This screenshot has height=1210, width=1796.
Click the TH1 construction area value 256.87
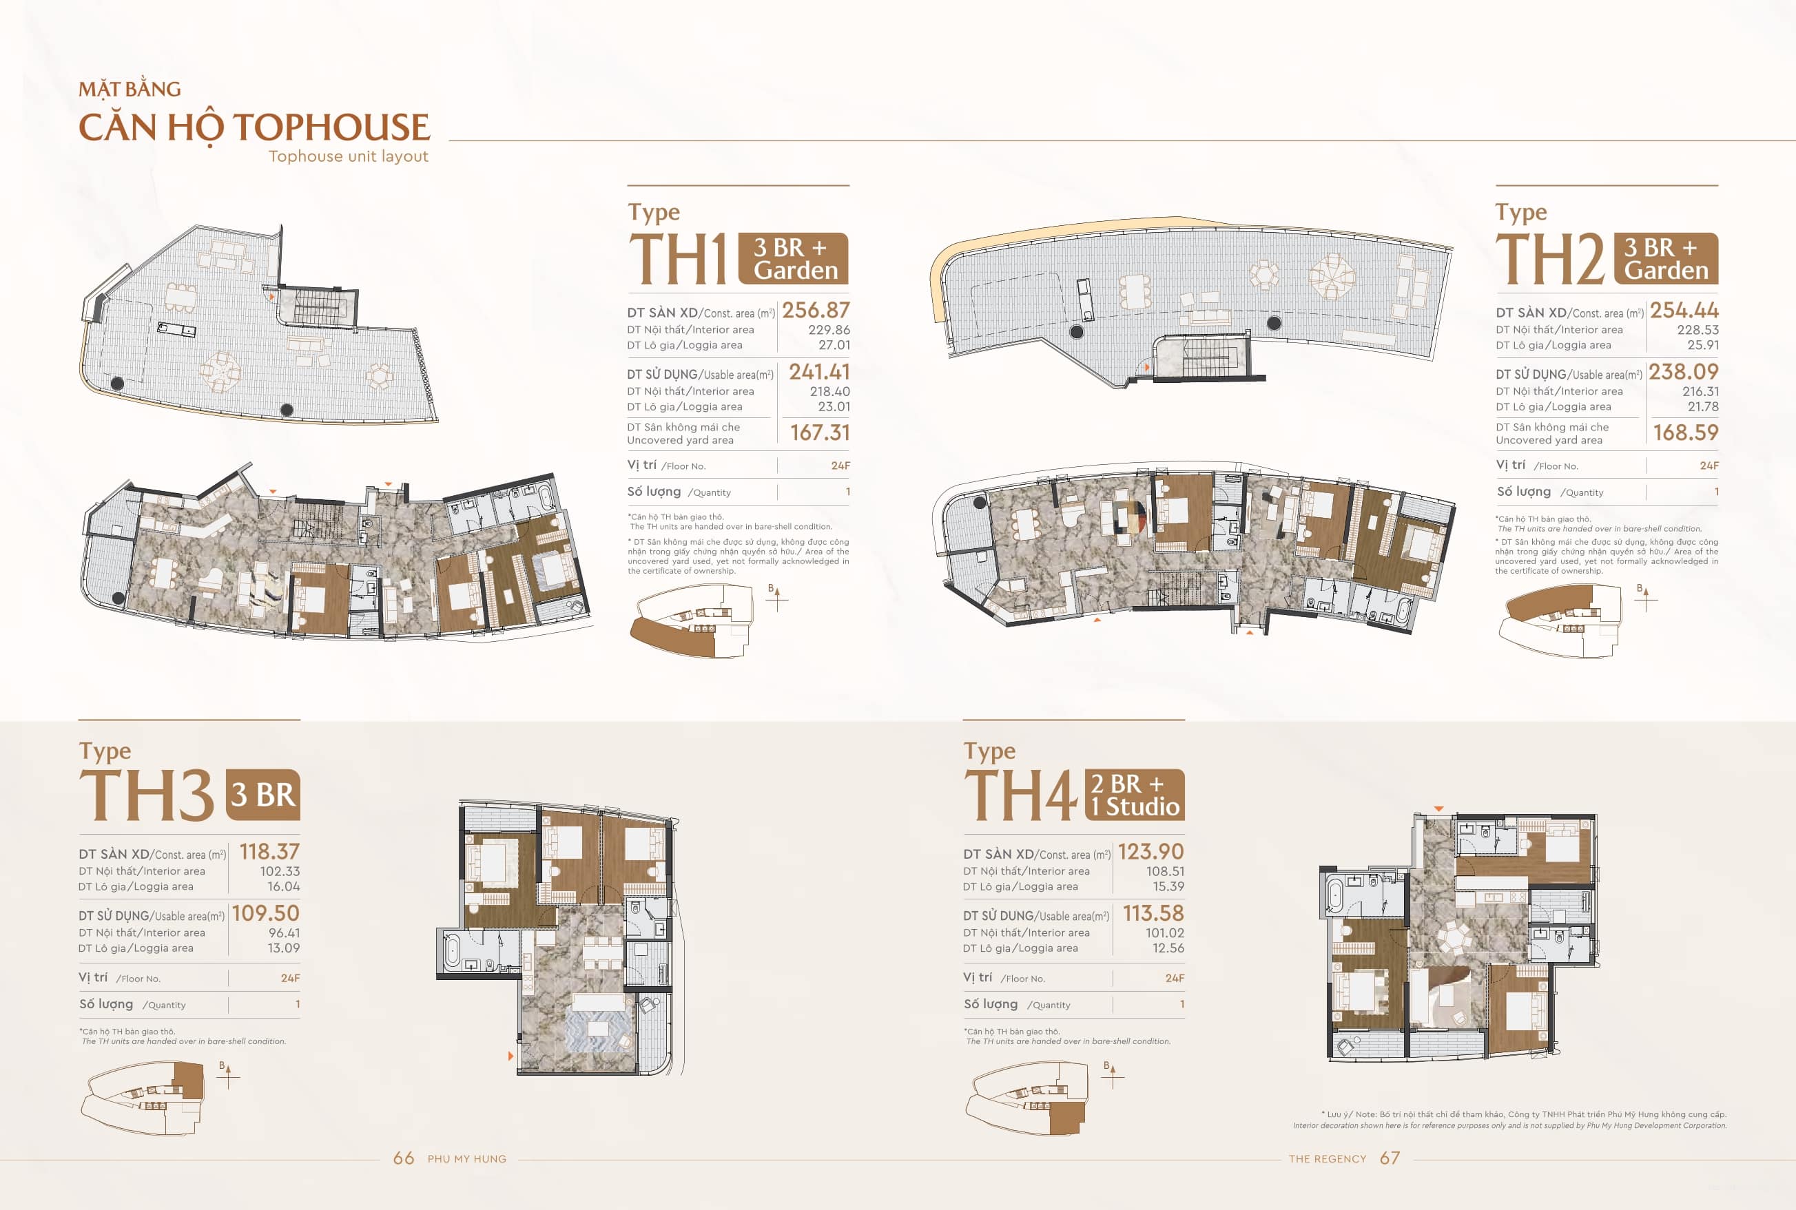tap(815, 310)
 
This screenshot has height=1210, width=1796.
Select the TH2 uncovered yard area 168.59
tap(1685, 432)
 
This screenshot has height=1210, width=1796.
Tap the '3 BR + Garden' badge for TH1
tap(793, 258)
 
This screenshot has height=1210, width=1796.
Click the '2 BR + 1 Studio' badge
tap(1134, 795)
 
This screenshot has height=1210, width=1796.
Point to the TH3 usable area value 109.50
tap(265, 913)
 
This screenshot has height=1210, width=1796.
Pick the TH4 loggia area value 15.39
tap(1168, 886)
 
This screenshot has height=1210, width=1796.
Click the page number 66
tap(404, 1158)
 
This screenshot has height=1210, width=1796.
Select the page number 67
tap(1390, 1158)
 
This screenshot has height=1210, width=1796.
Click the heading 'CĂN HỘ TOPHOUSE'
tap(254, 127)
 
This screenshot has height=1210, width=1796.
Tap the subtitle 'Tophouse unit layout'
tap(348, 156)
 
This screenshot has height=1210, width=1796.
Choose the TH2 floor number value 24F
tap(1708, 466)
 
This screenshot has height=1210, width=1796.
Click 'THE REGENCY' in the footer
tap(1327, 1159)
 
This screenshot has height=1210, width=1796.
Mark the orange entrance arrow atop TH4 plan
tap(1438, 809)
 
